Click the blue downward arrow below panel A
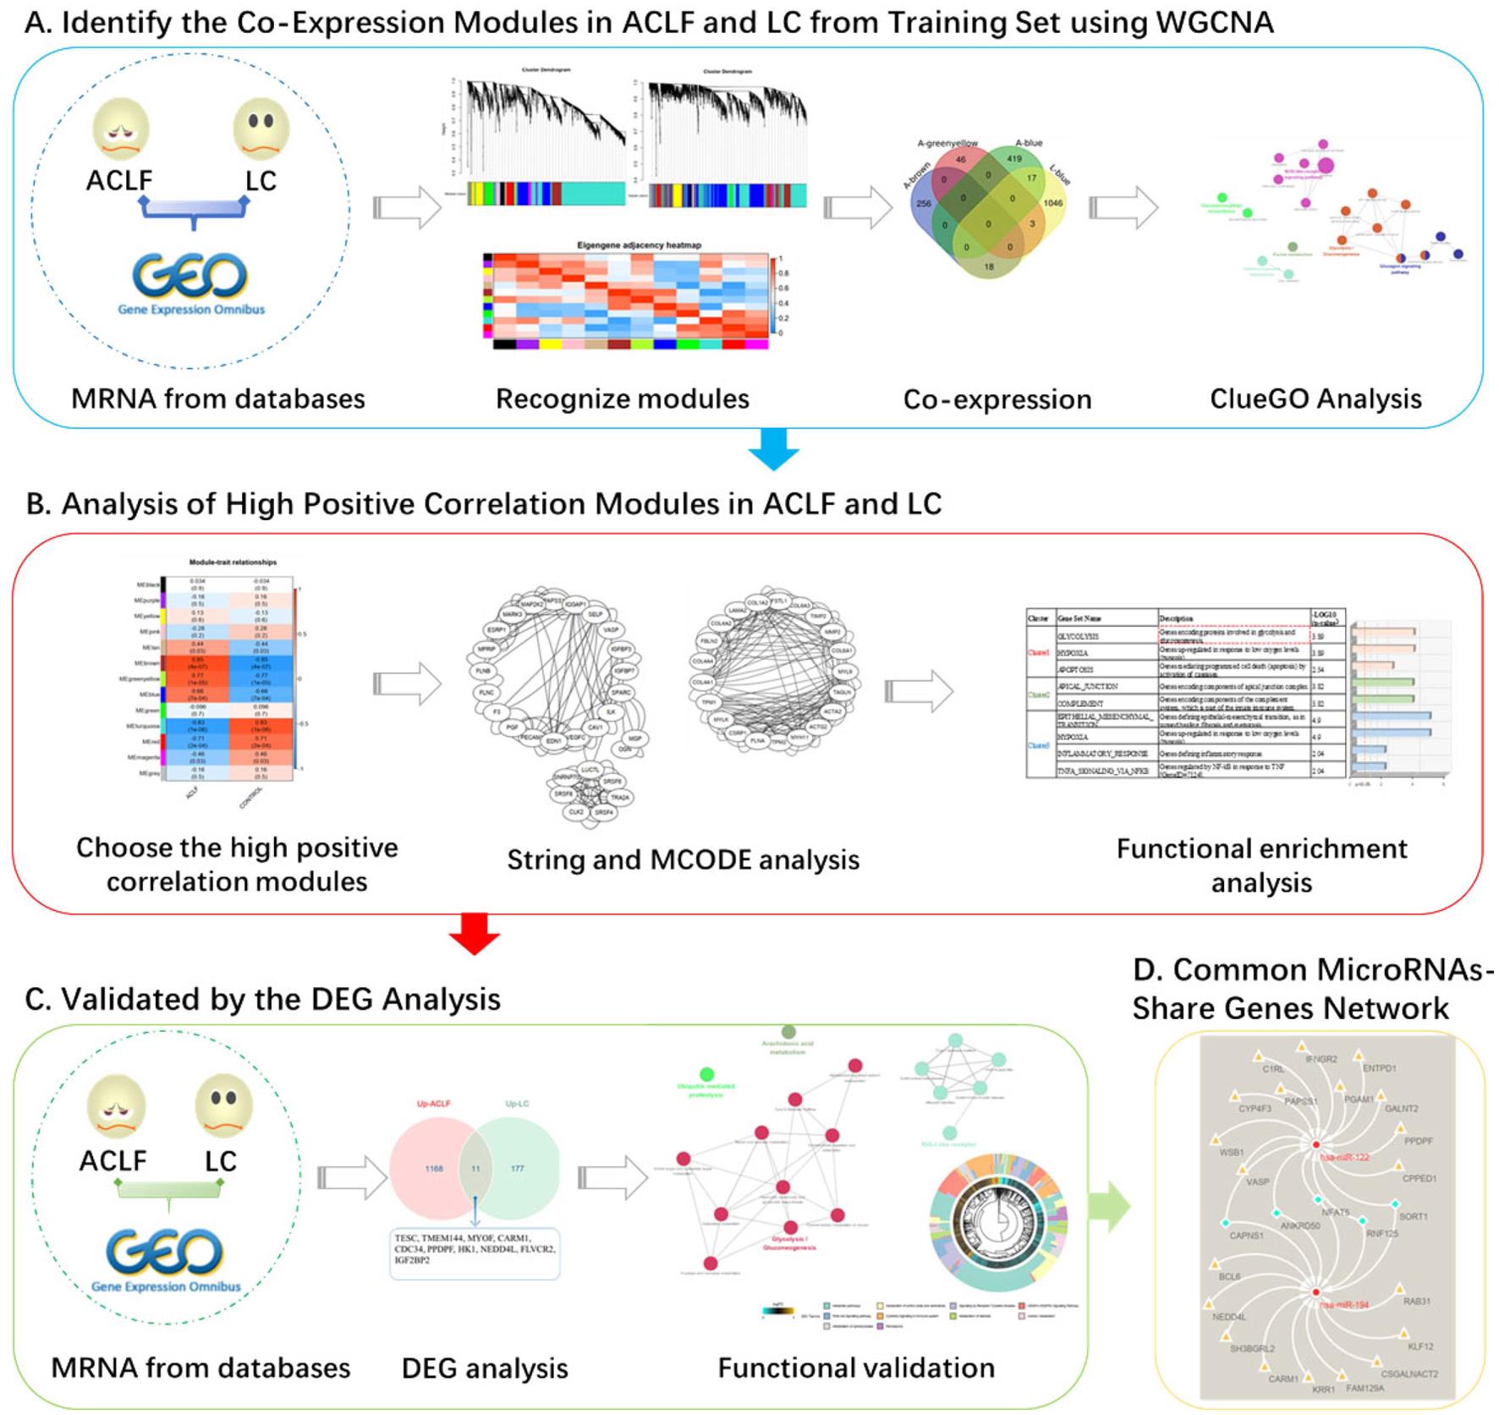tap(773, 448)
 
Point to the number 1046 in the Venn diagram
tap(1052, 203)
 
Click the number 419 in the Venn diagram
tap(1013, 158)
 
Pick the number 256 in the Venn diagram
tap(923, 203)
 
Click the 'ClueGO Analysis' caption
tap(1315, 398)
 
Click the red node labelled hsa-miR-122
tap(1316, 1144)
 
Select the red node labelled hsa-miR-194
tap(1316, 1293)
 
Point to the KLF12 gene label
tap(1419, 1346)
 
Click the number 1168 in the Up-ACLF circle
tap(434, 1168)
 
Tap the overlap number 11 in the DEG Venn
tap(475, 1168)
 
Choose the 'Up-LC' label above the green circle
tap(517, 1104)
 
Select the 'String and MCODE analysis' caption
tap(683, 859)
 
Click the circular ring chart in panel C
tap(999, 1225)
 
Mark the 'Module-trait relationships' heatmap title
tap(233, 562)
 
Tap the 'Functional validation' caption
tap(856, 1368)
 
